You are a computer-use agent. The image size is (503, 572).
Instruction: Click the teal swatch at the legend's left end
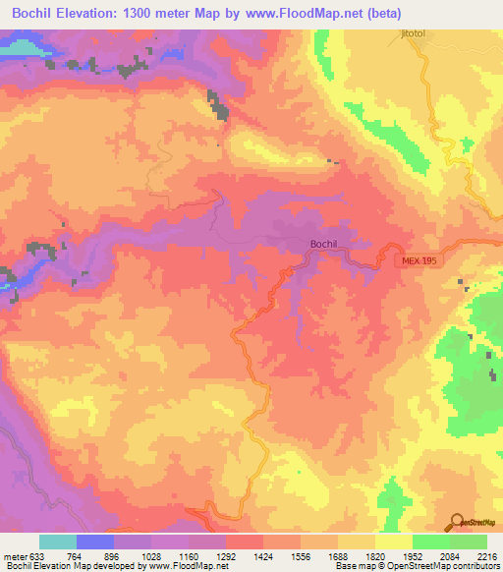pyautogui.click(x=57, y=542)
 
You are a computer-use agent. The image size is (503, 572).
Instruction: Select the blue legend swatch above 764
pyautogui.click(x=95, y=542)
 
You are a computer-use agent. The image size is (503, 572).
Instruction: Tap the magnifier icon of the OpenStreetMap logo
pyautogui.click(x=456, y=522)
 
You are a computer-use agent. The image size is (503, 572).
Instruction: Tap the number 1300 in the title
pyautogui.click(x=148, y=11)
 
